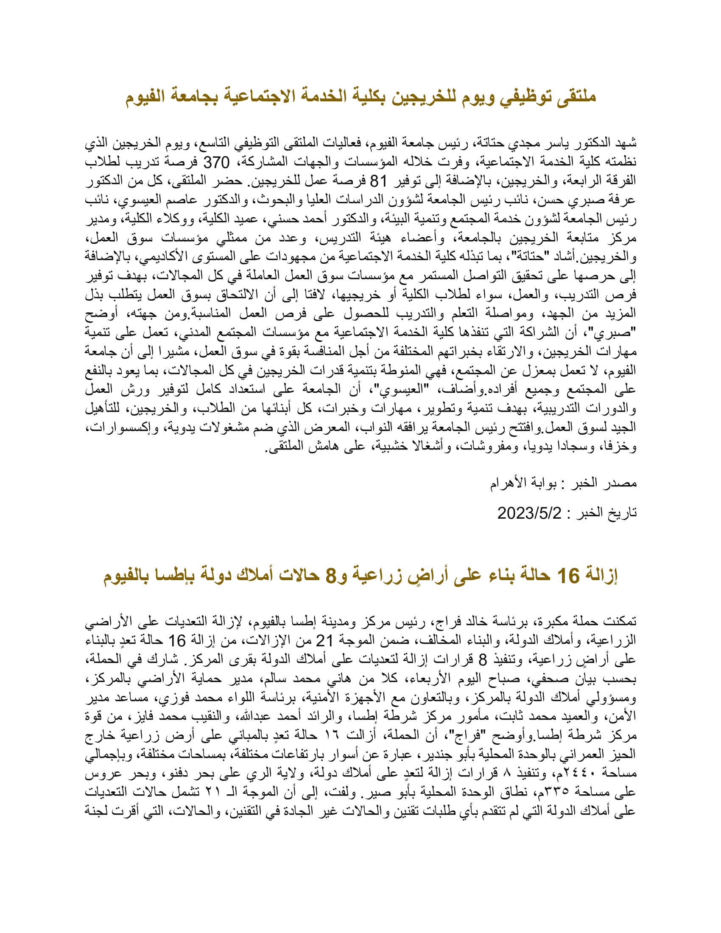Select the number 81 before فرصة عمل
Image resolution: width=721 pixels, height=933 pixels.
[377, 181]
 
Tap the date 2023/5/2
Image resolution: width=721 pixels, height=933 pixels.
[529, 512]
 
